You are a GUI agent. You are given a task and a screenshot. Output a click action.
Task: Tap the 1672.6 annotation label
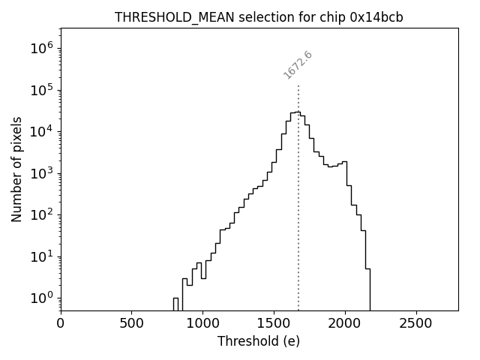(x=298, y=64)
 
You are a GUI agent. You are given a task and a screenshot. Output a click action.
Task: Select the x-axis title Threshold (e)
(x=259, y=341)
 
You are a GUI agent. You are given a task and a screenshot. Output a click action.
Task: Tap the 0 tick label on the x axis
(x=61, y=323)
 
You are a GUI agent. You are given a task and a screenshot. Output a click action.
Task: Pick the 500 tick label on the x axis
(x=132, y=323)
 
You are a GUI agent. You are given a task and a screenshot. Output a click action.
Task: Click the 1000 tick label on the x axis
(x=202, y=323)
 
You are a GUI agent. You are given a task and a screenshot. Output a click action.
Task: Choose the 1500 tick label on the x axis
(x=274, y=323)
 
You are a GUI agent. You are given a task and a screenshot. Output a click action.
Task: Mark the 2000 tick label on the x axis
(x=345, y=323)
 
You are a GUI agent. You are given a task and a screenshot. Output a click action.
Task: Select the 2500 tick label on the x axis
(x=415, y=323)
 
